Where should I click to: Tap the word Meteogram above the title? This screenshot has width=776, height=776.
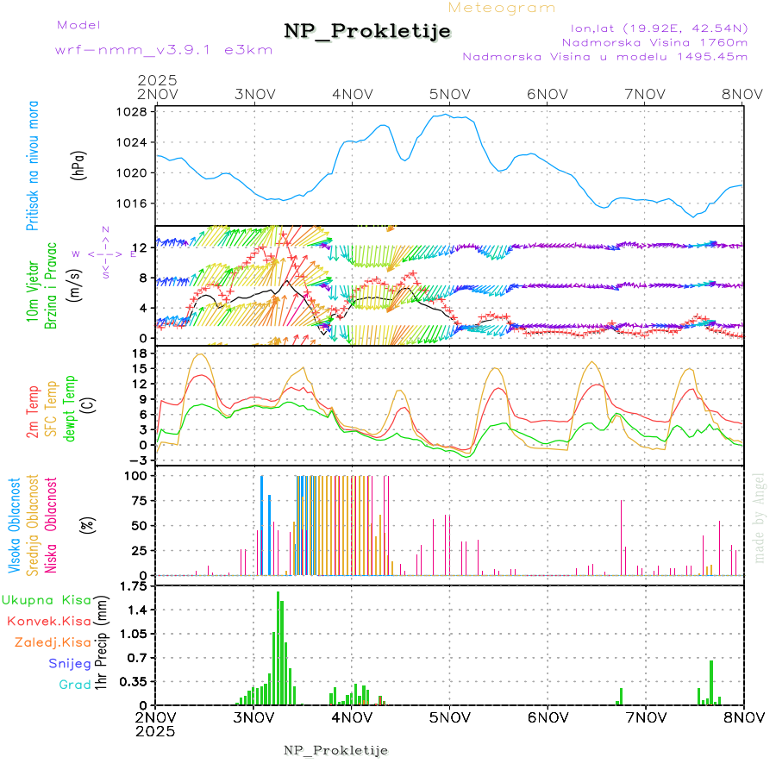[502, 8]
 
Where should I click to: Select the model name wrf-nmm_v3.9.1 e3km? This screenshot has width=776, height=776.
[163, 50]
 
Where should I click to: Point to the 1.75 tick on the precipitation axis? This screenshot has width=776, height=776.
[134, 586]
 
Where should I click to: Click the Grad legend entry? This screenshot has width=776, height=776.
[74, 685]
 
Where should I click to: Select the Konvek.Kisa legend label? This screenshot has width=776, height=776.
[48, 621]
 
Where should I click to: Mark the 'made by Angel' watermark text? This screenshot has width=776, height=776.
[760, 516]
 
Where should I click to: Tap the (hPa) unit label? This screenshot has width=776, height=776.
[80, 164]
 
